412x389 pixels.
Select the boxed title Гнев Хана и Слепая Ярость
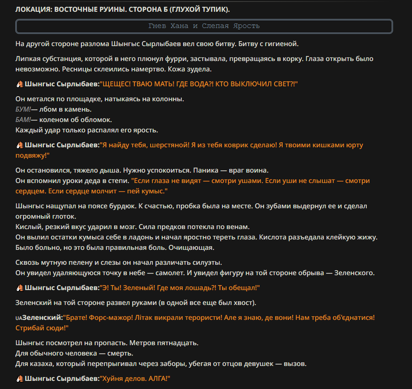[204, 26]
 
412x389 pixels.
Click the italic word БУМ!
[23, 109]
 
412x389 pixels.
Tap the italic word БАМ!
[23, 120]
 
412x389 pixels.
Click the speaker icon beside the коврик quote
[19, 145]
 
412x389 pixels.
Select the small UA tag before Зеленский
[19, 318]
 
